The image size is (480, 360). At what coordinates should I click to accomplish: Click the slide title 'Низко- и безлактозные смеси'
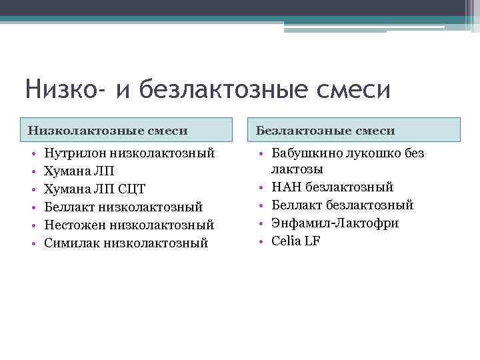point(207,89)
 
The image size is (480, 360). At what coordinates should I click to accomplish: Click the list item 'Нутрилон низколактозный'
point(129,154)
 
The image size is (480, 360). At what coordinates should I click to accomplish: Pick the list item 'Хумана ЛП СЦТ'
point(95,190)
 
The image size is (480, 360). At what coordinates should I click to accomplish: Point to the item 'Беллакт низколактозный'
point(123,208)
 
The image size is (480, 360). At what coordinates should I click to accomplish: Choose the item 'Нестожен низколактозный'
point(129,226)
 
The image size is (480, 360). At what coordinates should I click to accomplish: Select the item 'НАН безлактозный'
point(333,187)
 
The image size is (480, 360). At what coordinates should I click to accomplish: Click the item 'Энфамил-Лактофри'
point(335,223)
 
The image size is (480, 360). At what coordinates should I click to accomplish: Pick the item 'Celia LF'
point(296,241)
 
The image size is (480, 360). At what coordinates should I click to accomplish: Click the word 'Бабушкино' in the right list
point(305,153)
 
